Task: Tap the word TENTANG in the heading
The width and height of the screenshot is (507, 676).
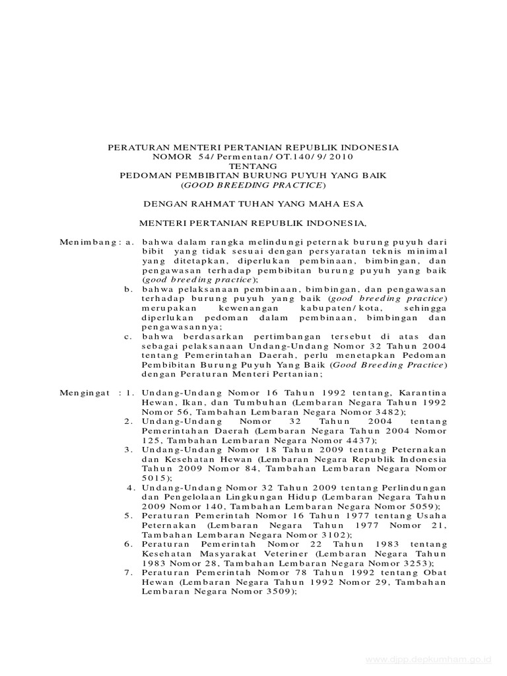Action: click(x=253, y=167)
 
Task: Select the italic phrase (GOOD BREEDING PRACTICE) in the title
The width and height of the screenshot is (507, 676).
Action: click(x=253, y=186)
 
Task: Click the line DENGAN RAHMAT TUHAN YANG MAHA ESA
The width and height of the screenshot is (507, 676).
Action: click(x=253, y=205)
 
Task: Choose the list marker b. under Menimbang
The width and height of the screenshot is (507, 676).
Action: click(x=129, y=289)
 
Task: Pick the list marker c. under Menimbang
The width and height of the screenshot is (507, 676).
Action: click(x=129, y=336)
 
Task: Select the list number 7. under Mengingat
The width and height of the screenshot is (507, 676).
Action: click(x=130, y=573)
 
